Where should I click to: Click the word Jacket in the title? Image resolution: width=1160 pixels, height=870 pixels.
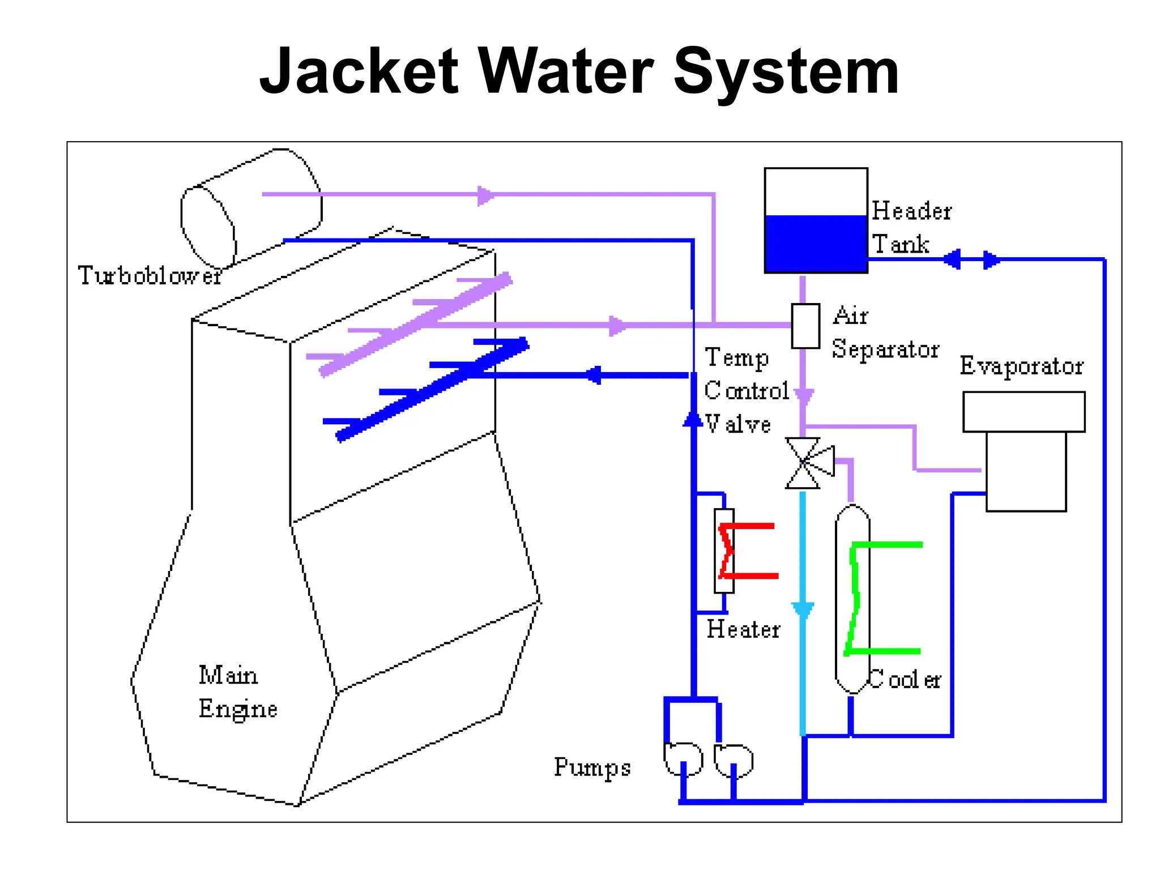(358, 72)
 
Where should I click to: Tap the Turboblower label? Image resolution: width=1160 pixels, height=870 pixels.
(149, 275)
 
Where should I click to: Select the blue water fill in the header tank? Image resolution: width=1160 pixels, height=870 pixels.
(816, 243)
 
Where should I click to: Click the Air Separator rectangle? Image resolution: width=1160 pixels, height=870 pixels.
(805, 326)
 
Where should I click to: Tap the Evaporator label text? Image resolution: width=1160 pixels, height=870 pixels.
(1021, 366)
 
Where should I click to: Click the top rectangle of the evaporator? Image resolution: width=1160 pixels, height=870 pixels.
(1023, 412)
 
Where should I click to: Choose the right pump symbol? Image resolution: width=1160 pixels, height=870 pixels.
(733, 760)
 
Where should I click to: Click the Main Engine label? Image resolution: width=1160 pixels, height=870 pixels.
(237, 692)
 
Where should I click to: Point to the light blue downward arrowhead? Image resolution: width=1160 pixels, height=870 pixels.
(803, 610)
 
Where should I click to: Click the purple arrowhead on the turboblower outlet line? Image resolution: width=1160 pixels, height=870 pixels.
(485, 195)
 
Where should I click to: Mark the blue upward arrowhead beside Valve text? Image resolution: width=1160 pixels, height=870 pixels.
(692, 419)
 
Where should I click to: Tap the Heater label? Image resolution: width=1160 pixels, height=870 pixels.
(743, 629)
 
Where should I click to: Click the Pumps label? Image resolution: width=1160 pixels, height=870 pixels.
(592, 767)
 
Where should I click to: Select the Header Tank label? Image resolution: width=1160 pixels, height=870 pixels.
(910, 227)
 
